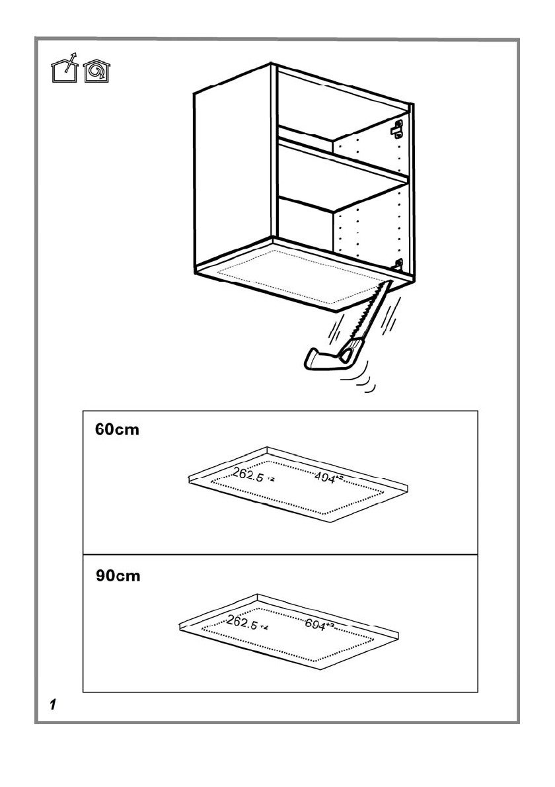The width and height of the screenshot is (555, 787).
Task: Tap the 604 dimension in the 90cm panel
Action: coord(320,624)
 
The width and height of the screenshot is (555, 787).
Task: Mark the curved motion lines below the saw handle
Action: coord(362,385)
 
